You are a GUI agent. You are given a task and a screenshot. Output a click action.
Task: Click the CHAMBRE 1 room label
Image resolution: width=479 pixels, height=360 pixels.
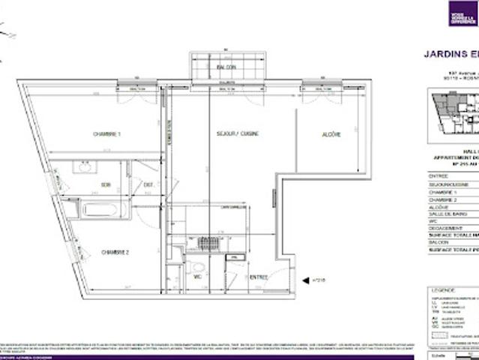click(x=107, y=134)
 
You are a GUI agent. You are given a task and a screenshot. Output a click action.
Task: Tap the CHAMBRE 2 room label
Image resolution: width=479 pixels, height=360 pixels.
click(x=115, y=253)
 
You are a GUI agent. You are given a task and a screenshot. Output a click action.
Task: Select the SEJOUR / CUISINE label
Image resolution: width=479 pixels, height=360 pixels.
click(x=238, y=133)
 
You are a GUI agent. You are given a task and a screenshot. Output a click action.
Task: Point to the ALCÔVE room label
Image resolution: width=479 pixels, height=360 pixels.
click(x=331, y=134)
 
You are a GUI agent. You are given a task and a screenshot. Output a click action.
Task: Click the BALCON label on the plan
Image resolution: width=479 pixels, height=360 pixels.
click(x=226, y=67)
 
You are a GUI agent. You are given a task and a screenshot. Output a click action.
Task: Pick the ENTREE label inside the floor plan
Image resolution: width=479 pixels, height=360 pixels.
click(x=258, y=277)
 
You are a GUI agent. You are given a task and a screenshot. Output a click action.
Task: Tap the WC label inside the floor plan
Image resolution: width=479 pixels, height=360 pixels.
click(x=197, y=277)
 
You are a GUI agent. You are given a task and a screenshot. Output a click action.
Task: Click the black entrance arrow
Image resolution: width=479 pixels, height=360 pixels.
click(x=305, y=280)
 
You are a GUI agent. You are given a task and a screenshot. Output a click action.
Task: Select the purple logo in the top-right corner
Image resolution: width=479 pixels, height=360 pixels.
click(x=463, y=13)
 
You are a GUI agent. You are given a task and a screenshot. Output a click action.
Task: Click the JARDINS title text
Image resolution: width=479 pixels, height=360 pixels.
click(x=450, y=53)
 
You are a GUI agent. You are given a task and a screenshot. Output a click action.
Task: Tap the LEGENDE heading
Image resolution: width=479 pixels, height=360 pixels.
click(x=442, y=289)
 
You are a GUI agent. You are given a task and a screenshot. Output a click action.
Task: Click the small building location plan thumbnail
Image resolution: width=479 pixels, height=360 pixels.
click(x=454, y=112)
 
